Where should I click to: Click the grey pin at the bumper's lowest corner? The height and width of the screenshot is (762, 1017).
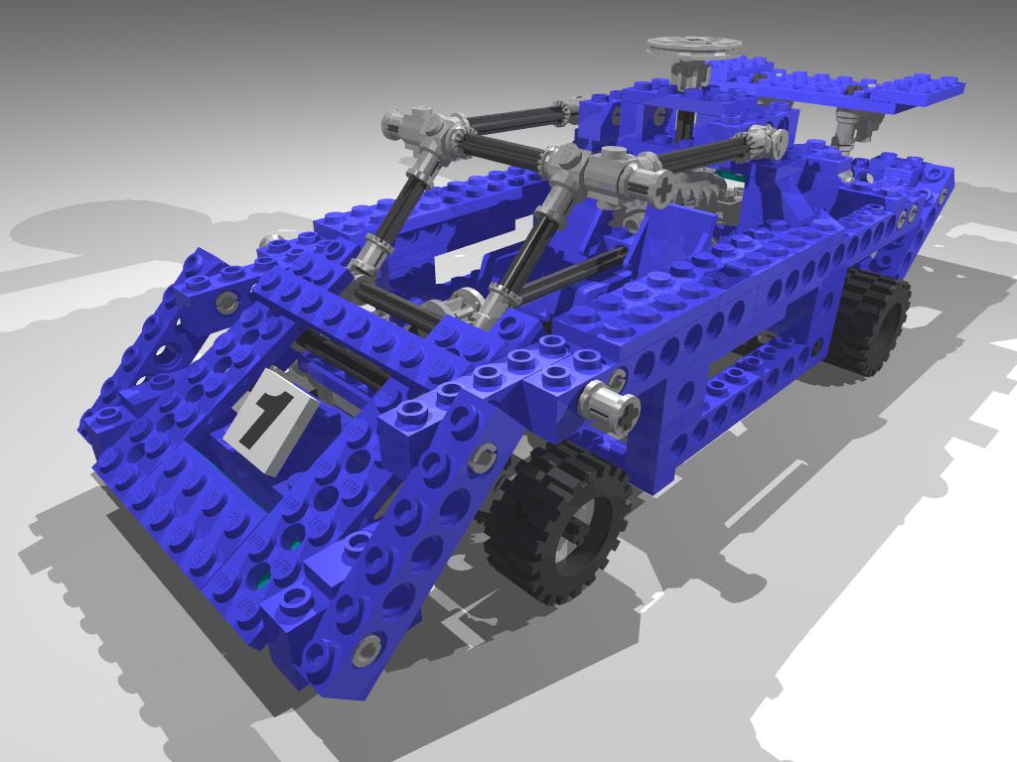(x=366, y=649)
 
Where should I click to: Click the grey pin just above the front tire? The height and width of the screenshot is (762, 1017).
(x=484, y=456)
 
